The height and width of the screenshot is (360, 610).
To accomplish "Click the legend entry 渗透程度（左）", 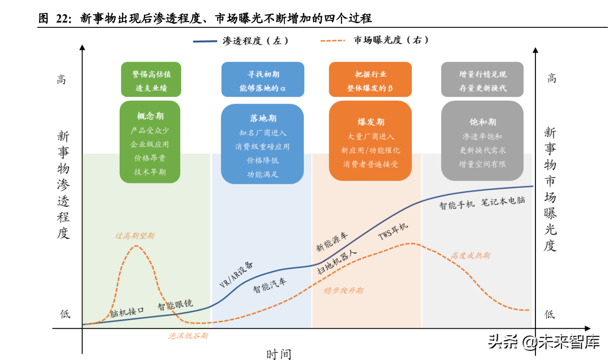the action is (x=241, y=41).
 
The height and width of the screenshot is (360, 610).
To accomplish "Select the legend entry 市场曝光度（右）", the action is (x=375, y=40).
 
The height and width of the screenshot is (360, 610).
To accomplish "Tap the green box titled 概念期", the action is (x=150, y=141).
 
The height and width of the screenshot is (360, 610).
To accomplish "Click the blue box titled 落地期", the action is (x=262, y=144).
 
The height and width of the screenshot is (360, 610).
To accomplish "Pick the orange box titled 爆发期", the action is (x=371, y=140).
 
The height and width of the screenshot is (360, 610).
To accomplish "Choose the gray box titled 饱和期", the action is (x=482, y=140).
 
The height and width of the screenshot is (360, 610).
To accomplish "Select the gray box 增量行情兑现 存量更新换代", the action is (x=482, y=79).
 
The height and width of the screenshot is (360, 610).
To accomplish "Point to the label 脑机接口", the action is (x=126, y=311).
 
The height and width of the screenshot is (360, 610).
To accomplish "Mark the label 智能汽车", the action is (x=270, y=285).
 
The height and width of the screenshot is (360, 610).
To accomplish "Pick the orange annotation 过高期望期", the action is (x=134, y=236).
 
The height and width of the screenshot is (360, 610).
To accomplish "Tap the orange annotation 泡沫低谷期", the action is (x=188, y=335).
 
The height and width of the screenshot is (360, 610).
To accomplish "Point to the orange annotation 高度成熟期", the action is (x=470, y=255).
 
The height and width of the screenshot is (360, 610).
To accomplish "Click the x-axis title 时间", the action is (x=279, y=354).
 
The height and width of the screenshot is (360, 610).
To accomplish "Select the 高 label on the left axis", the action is (x=62, y=79).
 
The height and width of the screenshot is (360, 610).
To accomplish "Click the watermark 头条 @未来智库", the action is (x=544, y=342).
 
